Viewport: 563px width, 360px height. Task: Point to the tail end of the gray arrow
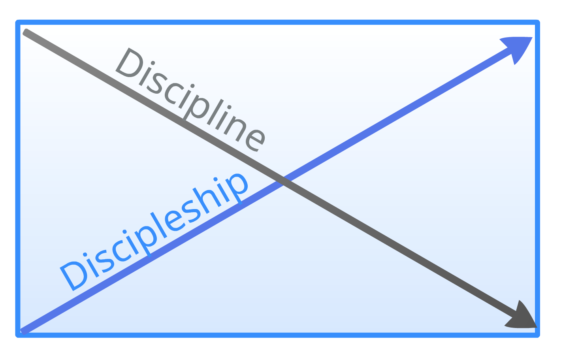[x=26, y=32]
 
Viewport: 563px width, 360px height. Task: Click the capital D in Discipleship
[x=73, y=275]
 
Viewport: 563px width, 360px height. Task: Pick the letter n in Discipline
[x=233, y=126]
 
